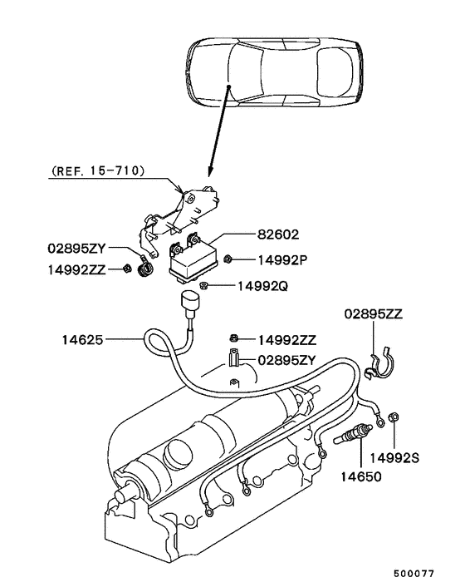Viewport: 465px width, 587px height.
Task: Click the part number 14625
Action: [82, 339]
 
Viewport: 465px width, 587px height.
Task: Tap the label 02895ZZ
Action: [374, 314]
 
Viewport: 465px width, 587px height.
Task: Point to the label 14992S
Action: [394, 456]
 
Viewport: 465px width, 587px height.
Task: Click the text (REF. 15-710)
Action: [98, 171]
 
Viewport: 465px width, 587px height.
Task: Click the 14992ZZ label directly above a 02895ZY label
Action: [287, 339]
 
